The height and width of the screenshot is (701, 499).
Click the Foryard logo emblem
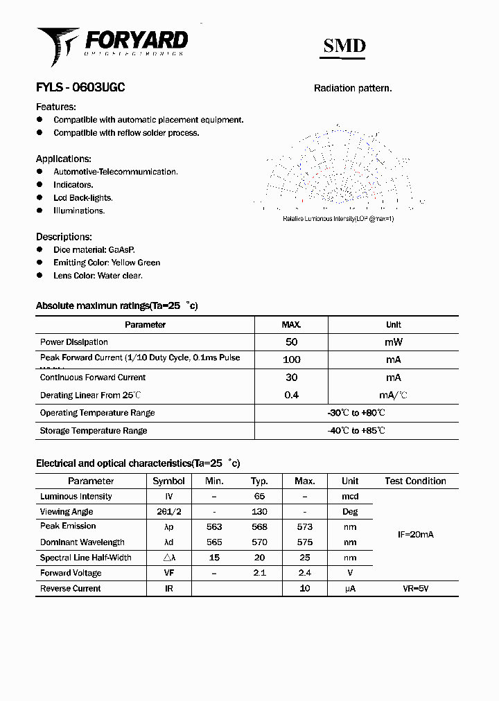[58, 45]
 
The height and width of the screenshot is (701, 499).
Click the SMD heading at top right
[344, 46]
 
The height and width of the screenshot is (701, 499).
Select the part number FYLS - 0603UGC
[80, 88]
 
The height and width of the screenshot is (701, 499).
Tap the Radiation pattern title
[353, 88]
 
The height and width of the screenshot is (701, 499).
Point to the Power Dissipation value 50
[291, 342]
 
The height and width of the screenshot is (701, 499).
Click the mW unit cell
[393, 342]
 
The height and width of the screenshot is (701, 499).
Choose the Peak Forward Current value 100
[291, 360]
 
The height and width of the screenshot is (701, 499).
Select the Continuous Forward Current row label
[93, 378]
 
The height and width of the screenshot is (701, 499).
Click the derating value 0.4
[291, 395]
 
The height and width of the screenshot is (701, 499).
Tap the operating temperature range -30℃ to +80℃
[356, 413]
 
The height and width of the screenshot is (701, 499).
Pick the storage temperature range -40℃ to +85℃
[356, 431]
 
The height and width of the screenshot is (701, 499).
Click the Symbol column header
[168, 481]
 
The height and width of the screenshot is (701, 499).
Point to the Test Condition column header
[415, 481]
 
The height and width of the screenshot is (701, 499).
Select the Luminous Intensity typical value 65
[259, 497]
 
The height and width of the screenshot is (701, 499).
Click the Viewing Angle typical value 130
[259, 512]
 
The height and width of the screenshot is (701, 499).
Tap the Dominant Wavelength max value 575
[304, 542]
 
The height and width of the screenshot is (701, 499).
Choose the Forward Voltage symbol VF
[168, 573]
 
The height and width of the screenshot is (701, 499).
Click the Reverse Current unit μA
[350, 589]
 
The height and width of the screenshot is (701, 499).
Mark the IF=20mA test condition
[415, 535]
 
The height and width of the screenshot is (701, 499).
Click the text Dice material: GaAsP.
[94, 249]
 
